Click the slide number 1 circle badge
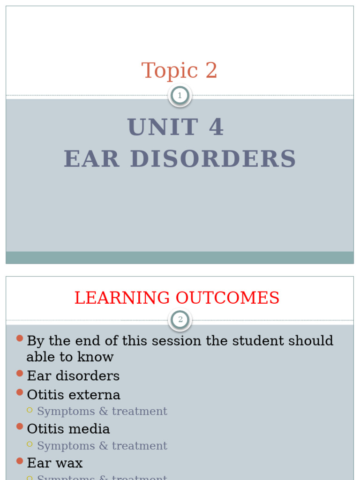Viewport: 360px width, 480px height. pyautogui.click(x=180, y=96)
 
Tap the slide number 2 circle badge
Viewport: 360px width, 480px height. pyautogui.click(x=180, y=320)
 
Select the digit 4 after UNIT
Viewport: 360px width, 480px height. pyautogui.click(x=216, y=127)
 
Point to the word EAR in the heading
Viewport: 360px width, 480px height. pyautogui.click(x=92, y=159)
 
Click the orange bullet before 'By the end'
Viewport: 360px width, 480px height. pyautogui.click(x=19, y=338)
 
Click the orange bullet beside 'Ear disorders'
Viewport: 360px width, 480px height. pyautogui.click(x=19, y=374)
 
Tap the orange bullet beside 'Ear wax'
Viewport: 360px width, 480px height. pyautogui.click(x=19, y=461)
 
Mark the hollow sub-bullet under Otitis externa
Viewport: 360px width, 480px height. pyautogui.click(x=30, y=410)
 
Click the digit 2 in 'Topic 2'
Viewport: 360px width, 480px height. pyautogui.click(x=211, y=71)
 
